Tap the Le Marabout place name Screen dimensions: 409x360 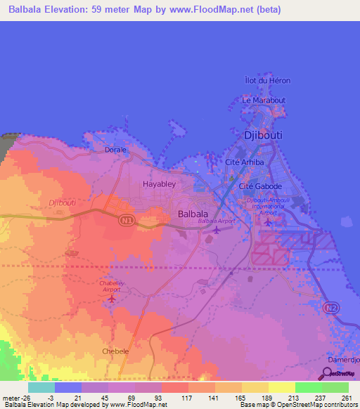click(264, 100)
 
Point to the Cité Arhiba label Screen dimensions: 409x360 click(244, 162)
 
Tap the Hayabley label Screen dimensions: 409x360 click(158, 184)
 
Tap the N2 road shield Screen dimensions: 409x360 click(330, 308)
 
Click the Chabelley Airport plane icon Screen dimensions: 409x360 click(111, 299)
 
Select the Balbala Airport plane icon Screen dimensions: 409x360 click(217, 230)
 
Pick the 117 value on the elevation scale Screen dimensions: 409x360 click(188, 398)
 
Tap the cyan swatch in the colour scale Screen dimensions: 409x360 click(41, 387)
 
